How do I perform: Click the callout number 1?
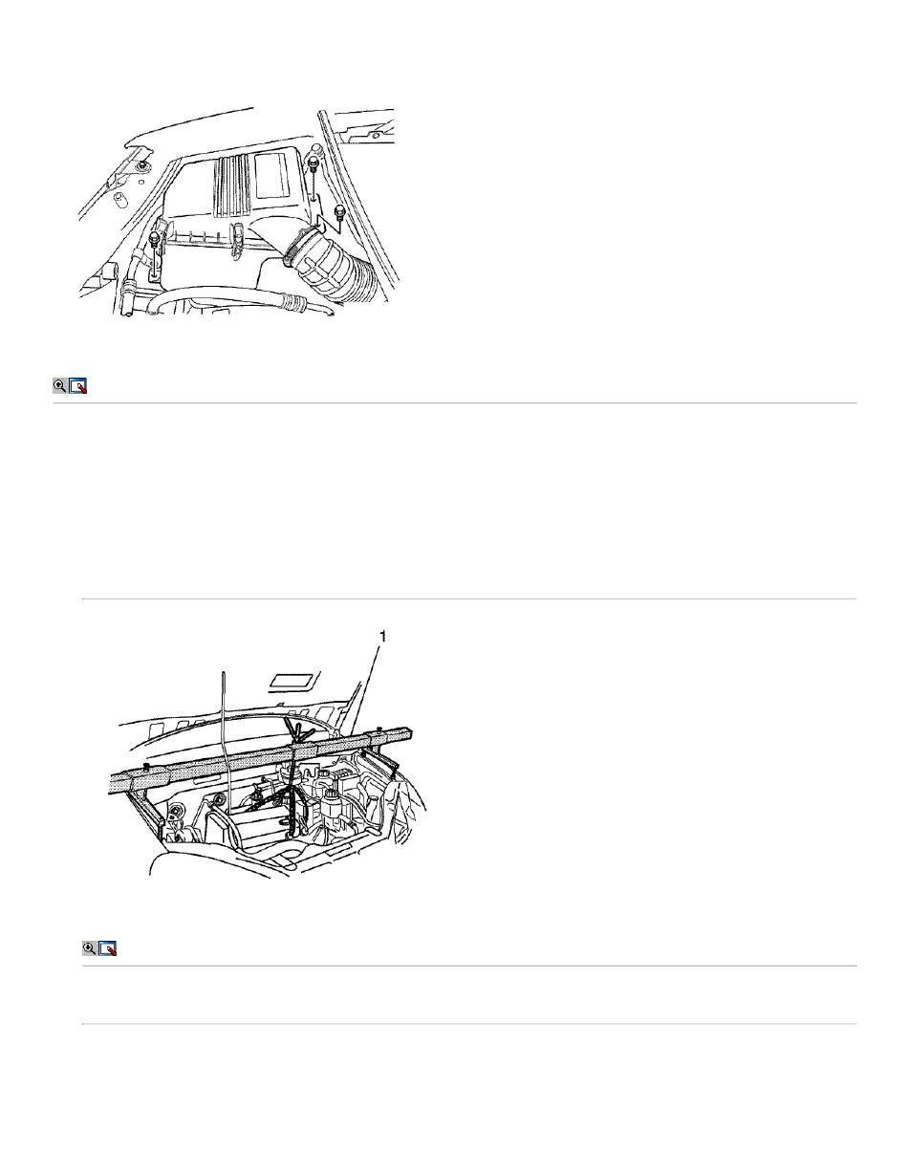382,637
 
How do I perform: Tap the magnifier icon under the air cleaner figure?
60,386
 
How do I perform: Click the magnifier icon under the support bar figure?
90,947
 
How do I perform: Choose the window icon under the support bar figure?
108,947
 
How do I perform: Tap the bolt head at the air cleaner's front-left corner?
155,237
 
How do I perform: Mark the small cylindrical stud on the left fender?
120,198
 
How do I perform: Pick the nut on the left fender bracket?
143,166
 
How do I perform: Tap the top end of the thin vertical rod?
222,672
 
